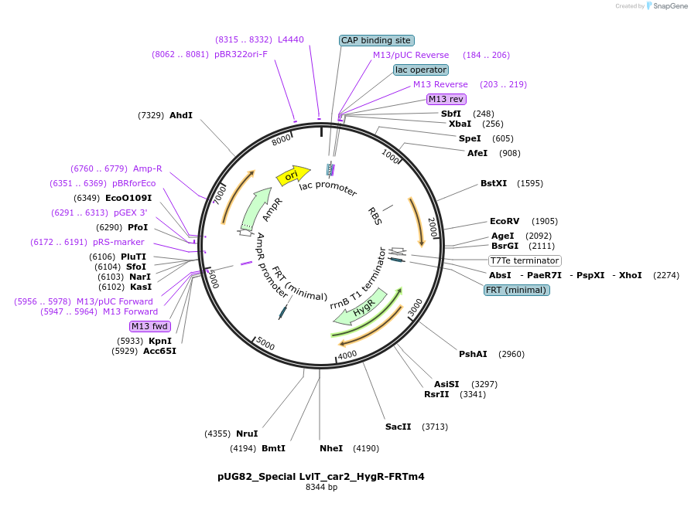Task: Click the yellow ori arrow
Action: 293,175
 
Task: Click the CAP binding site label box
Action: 377,40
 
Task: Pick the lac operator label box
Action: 421,70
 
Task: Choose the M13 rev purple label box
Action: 446,99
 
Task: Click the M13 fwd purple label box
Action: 150,326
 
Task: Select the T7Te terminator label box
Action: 525,260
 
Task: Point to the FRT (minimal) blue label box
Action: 516,290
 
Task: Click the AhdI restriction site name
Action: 181,115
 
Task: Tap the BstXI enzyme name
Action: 494,183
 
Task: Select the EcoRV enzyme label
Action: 505,221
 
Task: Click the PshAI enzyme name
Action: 473,354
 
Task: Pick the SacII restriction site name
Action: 398,427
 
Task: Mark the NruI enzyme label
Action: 247,434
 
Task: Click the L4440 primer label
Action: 291,39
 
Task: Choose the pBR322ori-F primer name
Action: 241,54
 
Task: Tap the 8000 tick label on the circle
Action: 281,139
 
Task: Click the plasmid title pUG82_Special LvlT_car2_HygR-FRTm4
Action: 321,476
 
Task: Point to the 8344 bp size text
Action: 321,487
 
